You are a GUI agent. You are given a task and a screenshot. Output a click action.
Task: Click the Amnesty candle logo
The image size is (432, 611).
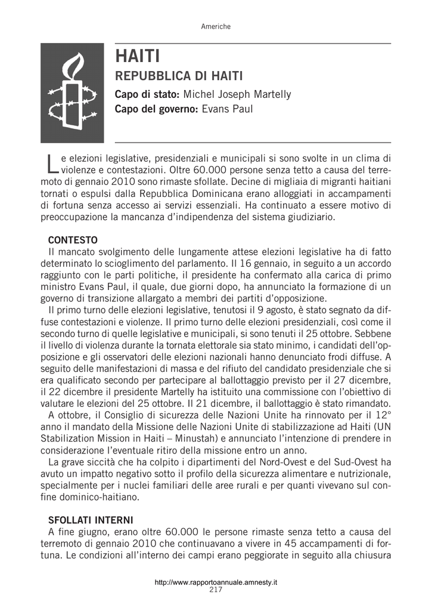coord(72,93)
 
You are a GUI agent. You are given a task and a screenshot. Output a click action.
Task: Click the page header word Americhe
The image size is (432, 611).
coord(216,27)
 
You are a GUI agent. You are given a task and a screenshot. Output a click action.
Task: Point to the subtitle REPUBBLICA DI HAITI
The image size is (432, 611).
coord(179,76)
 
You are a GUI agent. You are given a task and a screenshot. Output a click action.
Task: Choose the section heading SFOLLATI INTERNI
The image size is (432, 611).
coord(91,520)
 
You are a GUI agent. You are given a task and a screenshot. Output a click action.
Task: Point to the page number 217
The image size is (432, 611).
coord(216,590)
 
